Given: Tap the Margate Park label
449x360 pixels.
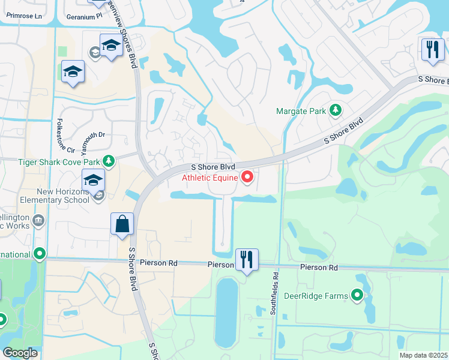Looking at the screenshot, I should [300, 111].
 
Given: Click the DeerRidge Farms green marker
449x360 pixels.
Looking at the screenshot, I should [358, 295].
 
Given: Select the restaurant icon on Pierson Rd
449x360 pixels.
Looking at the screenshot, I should [247, 259].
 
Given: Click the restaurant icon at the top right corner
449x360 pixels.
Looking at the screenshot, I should [432, 50].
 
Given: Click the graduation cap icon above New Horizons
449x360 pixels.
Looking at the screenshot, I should [93, 179].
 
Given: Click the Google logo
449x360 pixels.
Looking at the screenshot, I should [20, 353].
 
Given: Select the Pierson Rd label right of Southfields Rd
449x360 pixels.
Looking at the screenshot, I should [319, 268].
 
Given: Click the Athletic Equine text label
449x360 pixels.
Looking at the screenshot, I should [209, 178].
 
